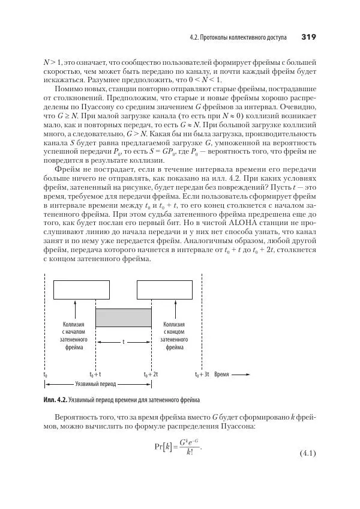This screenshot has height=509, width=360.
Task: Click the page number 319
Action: coord(308,37)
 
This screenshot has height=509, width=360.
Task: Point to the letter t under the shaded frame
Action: coord(124,342)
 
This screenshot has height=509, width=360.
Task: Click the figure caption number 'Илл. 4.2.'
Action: coord(55,399)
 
